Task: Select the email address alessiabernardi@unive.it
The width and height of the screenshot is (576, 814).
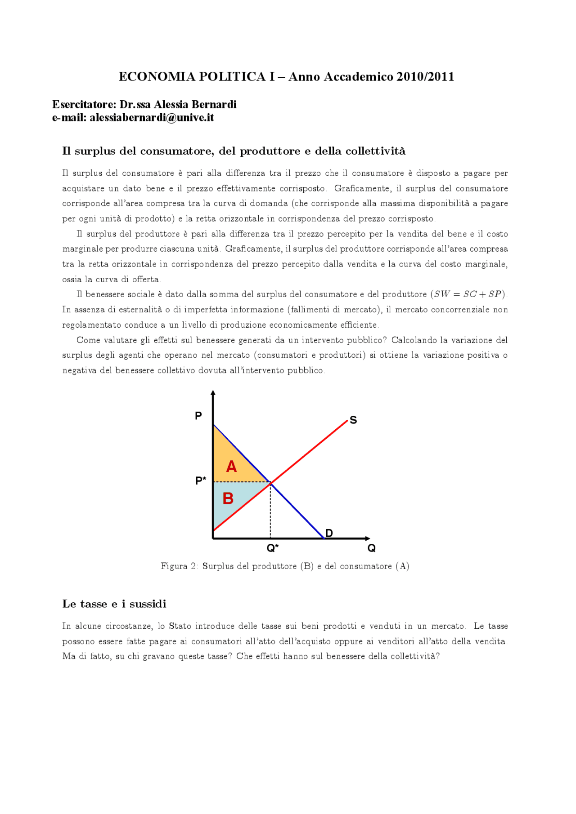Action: tap(152, 118)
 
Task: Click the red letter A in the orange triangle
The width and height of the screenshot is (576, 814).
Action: tap(231, 467)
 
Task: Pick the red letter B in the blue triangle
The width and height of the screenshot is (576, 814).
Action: tap(228, 498)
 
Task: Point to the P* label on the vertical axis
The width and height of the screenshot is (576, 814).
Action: tap(201, 480)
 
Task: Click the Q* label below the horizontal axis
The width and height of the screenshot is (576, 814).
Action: tap(273, 548)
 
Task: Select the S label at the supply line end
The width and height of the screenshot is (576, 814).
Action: tap(353, 420)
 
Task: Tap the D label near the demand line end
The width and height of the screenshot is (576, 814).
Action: tap(329, 533)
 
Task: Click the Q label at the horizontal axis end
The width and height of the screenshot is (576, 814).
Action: tap(372, 548)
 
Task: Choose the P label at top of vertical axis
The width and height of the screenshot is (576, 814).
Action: tap(198, 416)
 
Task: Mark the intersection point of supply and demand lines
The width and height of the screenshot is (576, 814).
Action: tap(270, 483)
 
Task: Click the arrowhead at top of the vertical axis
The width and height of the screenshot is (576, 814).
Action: tap(213, 393)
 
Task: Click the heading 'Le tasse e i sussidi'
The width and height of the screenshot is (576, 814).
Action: tap(114, 604)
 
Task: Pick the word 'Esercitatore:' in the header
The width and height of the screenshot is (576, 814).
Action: tap(84, 104)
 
